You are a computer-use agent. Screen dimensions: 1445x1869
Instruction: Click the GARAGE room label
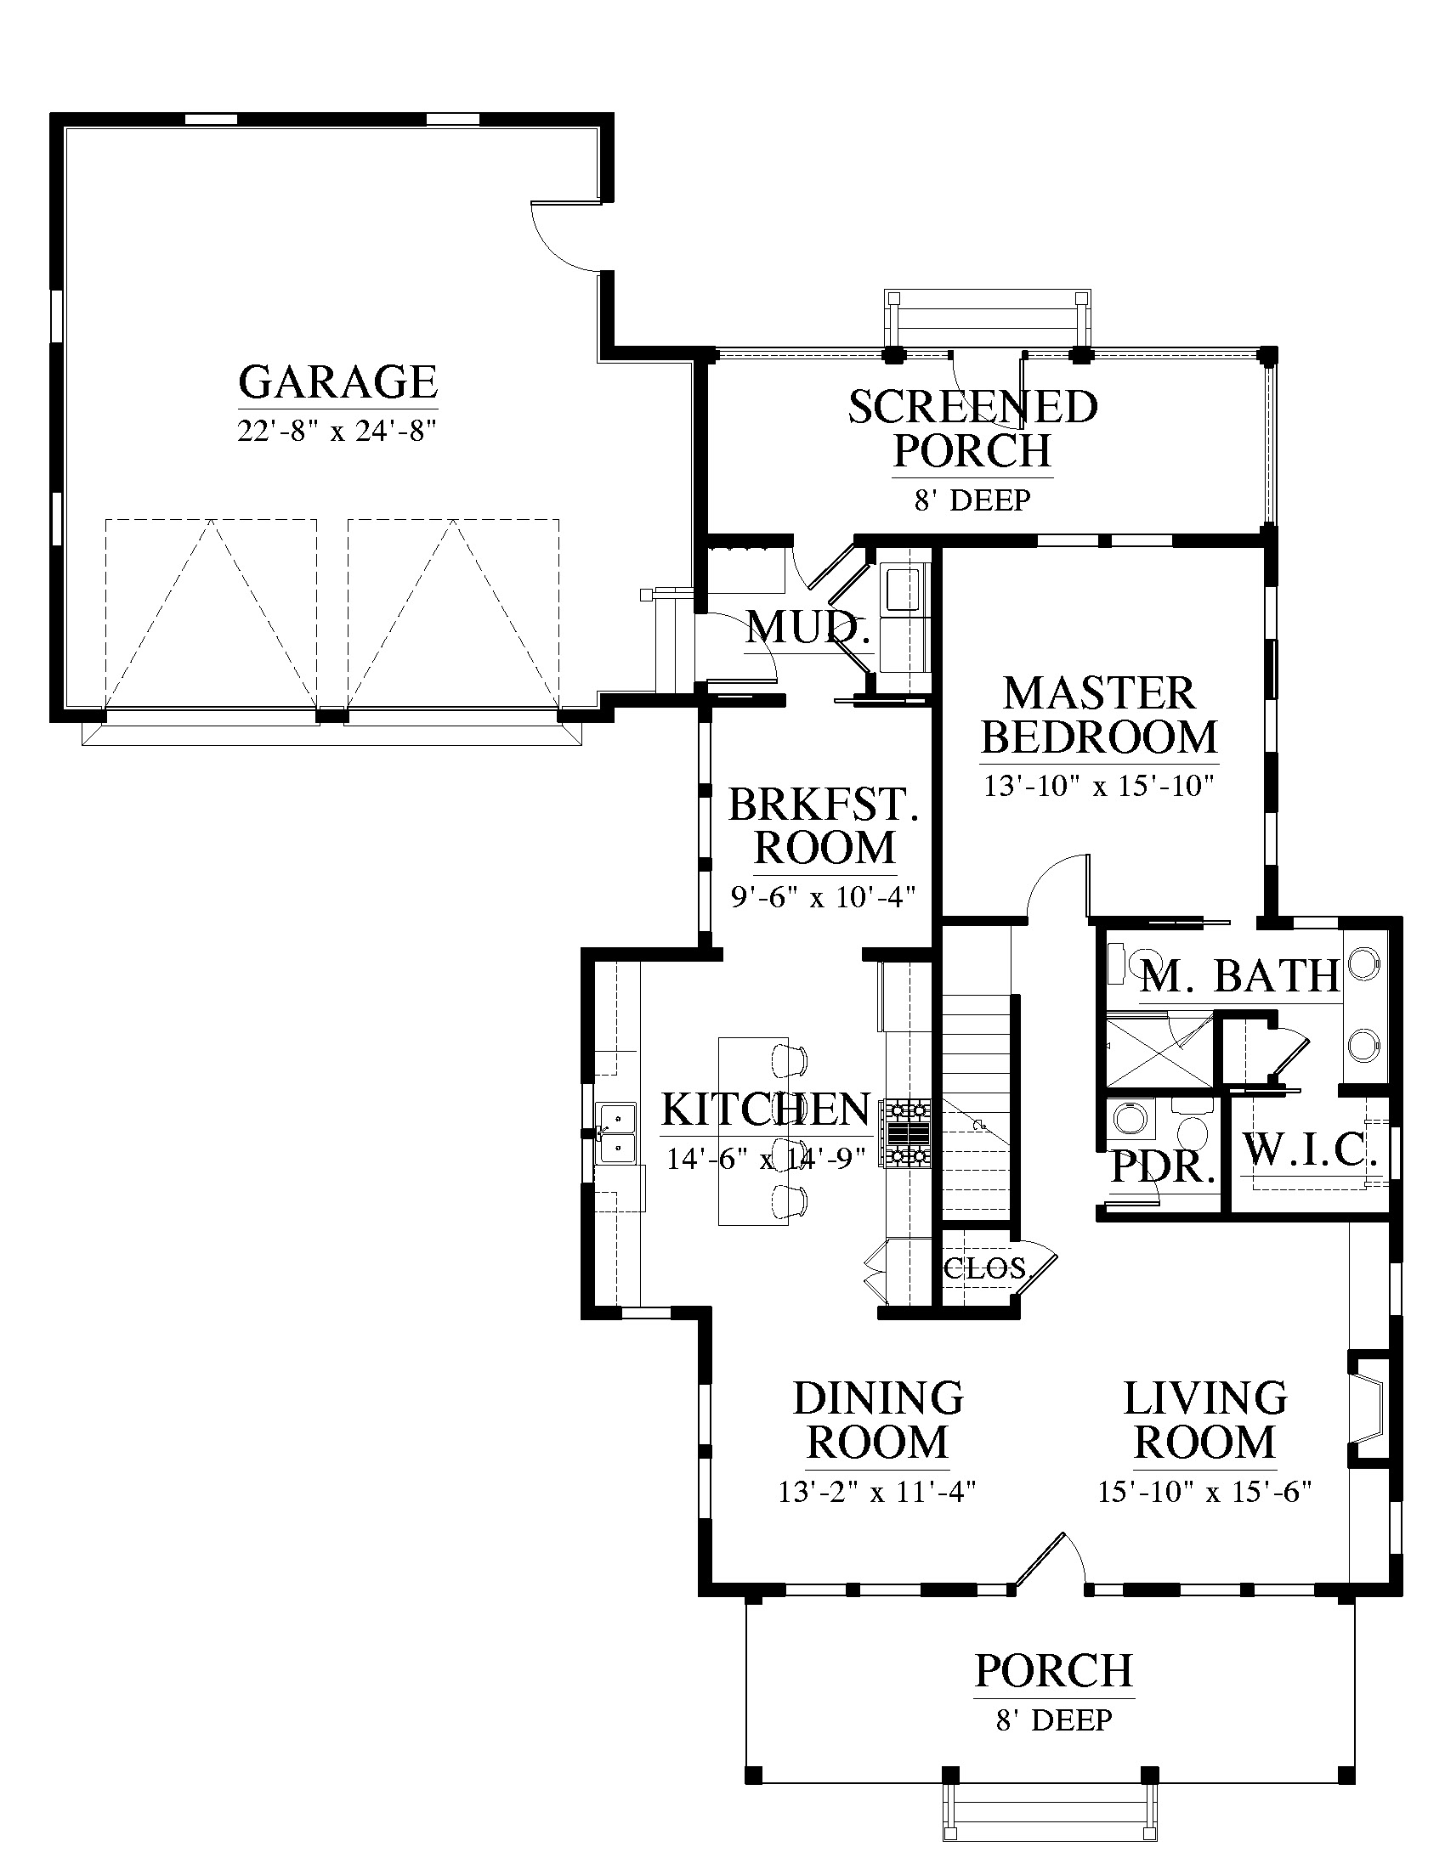click(338, 382)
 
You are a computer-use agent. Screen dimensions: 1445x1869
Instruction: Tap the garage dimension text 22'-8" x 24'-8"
click(338, 430)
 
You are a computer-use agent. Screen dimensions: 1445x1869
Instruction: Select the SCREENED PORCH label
click(973, 429)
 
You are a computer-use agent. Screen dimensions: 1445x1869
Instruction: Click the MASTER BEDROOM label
click(1099, 715)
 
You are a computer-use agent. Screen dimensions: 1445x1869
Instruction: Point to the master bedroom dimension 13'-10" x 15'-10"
click(1099, 786)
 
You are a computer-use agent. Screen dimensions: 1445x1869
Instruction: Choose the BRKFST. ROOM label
click(824, 826)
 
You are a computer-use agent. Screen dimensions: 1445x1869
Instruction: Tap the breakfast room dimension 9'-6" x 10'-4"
click(824, 896)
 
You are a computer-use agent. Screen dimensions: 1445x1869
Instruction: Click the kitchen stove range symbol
click(909, 1134)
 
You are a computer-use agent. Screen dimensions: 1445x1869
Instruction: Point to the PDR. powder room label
click(1164, 1166)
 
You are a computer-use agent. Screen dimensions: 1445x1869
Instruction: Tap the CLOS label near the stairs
click(984, 1268)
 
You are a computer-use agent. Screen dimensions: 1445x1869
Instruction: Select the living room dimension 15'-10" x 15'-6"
click(1205, 1491)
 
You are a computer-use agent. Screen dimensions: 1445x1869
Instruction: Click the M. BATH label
click(1240, 975)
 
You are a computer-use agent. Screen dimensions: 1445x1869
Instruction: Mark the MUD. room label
click(807, 628)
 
